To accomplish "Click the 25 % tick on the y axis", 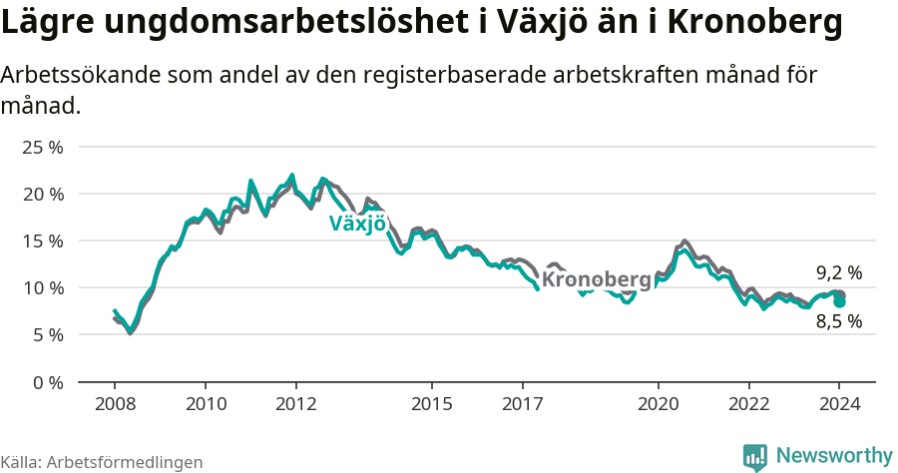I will click(x=42, y=147).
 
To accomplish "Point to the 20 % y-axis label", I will click(x=42, y=194).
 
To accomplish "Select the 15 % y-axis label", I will click(x=42, y=240).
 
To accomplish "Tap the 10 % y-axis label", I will click(x=42, y=288).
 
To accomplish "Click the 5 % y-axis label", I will click(x=47, y=335).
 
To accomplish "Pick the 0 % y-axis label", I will click(x=47, y=382).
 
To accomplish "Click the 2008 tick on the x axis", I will click(x=115, y=404).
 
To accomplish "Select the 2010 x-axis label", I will click(x=206, y=404).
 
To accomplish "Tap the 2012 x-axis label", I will click(x=296, y=404).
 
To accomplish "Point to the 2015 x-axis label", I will click(x=432, y=404).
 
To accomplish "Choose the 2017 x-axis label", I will click(x=523, y=404).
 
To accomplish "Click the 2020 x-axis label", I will click(x=659, y=404).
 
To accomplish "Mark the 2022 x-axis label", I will click(x=749, y=404).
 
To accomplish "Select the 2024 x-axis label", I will click(x=840, y=404).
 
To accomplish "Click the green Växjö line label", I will click(x=357, y=224).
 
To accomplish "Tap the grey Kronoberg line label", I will click(x=596, y=280).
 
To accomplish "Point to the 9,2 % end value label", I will click(x=838, y=272).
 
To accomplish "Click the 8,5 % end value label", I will click(x=838, y=321).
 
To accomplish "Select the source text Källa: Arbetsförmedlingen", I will click(x=102, y=462).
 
